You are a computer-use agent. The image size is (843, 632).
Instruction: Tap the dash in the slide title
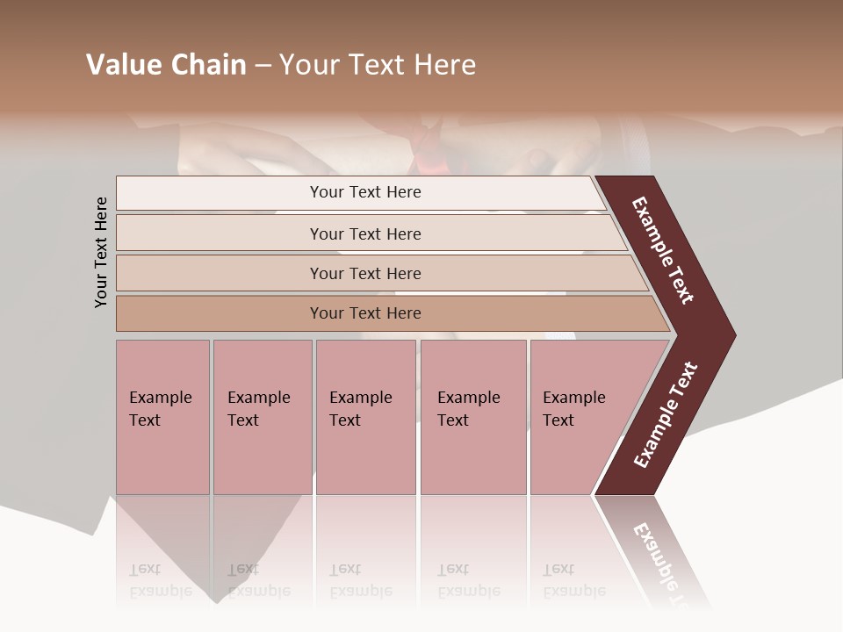(263, 66)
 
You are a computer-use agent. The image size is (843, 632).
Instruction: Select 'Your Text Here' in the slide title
(378, 65)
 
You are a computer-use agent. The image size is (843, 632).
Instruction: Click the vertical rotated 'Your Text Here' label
(101, 252)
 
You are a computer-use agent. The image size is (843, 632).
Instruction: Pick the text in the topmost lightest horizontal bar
(365, 192)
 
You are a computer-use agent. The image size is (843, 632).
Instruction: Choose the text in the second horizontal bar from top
(365, 234)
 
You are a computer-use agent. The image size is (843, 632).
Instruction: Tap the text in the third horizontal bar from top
(365, 274)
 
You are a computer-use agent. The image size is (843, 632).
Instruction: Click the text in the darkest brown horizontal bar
(365, 313)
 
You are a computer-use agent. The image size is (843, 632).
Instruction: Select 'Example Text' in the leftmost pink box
(160, 409)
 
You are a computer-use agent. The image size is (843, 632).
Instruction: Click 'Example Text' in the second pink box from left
(258, 409)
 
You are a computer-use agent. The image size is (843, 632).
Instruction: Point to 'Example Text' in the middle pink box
(360, 409)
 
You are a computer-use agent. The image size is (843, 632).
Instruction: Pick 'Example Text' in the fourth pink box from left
(468, 409)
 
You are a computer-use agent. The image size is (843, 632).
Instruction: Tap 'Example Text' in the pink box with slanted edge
(573, 409)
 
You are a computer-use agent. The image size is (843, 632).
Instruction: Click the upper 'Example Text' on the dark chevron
(663, 250)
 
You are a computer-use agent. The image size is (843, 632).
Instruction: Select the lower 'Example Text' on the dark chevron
(666, 414)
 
